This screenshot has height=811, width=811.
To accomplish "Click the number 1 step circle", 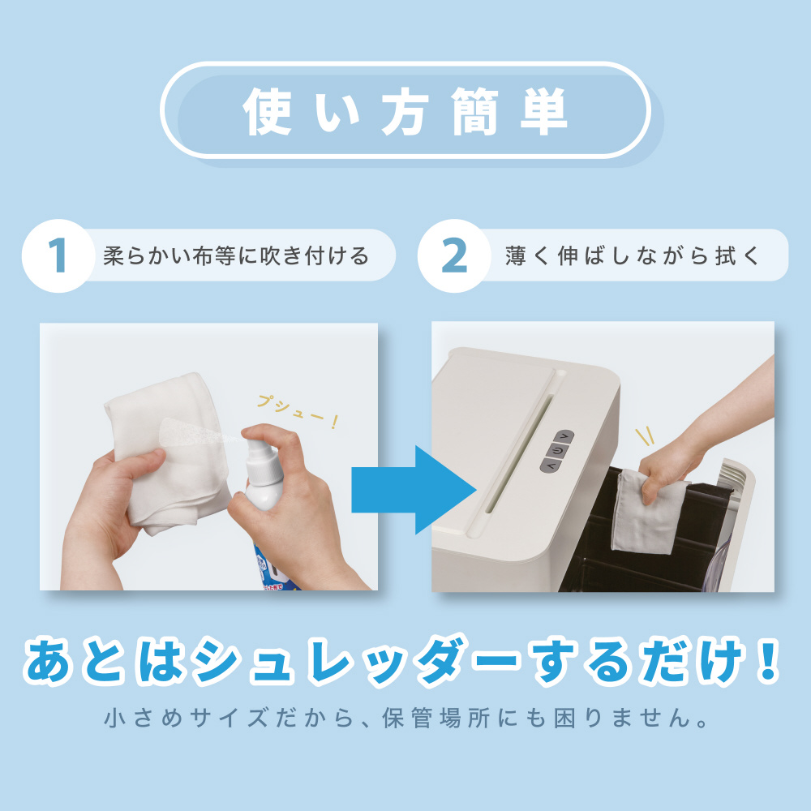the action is (58, 255).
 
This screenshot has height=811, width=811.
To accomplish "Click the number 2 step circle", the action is (454, 255).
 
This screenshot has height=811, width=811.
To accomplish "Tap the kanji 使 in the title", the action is (267, 111).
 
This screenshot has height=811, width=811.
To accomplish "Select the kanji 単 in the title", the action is (543, 111).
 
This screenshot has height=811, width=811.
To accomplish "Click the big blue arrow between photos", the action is (414, 490).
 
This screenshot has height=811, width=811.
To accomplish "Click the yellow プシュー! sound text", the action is (298, 412).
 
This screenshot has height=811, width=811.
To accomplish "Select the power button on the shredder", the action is (556, 451).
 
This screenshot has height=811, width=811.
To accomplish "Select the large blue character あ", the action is (49, 663).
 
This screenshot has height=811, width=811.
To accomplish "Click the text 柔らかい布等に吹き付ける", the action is (236, 256).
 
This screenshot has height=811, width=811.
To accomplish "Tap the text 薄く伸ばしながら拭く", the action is (632, 256).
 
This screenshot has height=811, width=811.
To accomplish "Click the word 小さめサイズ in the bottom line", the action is (187, 718).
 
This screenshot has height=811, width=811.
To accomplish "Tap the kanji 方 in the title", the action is (405, 111).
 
